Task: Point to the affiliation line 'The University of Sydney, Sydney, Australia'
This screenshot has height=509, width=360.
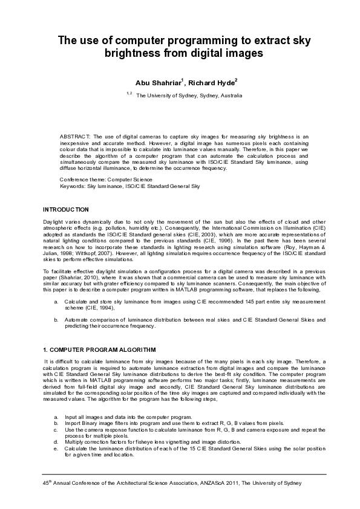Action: (x=189, y=96)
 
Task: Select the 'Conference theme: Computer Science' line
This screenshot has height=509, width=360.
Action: (x=106, y=180)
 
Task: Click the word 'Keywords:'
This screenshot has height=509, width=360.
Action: (x=73, y=186)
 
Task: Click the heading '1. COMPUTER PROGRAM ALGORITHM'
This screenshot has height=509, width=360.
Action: (x=91, y=350)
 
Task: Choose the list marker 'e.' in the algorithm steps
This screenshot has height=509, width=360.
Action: (x=56, y=449)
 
